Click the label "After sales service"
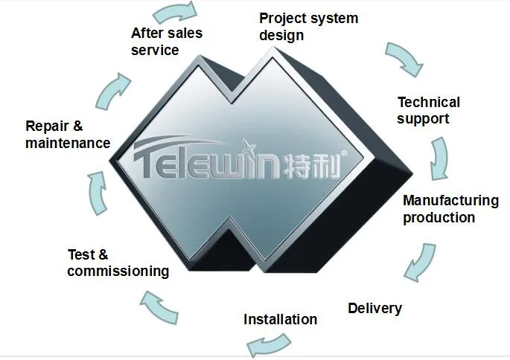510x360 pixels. pos(167,42)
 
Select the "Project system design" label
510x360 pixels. pos(308,27)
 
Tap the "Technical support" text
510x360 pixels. pos(428,111)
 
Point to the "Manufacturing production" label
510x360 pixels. pos(450,209)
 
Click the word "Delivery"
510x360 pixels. pos(374,309)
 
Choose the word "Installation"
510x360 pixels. pos(281,319)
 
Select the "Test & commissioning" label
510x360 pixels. pos(118,263)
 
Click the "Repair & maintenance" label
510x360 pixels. pos(68,135)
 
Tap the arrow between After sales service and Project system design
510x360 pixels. pos(176,12)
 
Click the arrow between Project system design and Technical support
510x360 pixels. pos(406,58)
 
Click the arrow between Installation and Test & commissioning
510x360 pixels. pos(159,307)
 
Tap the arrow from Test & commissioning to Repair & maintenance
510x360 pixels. pos(98,193)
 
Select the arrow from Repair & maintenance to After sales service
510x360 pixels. pos(112,91)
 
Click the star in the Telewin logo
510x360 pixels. pos(249,148)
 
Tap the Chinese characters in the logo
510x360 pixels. pos(311,166)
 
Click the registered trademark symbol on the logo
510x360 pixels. pos(343,153)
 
